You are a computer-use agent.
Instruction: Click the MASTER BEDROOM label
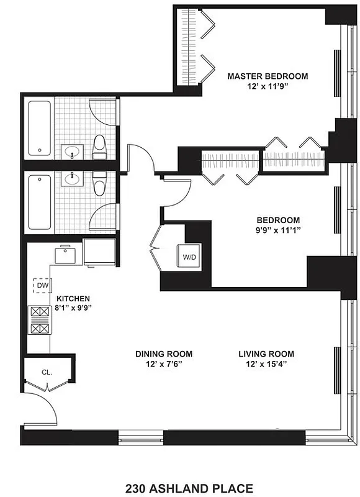coord(267,76)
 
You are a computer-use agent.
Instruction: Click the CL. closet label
coord(47,373)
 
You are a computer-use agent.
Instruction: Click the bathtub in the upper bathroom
coord(39,129)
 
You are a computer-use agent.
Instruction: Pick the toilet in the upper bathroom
coord(99,147)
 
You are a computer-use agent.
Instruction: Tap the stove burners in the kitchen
coord(38,321)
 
